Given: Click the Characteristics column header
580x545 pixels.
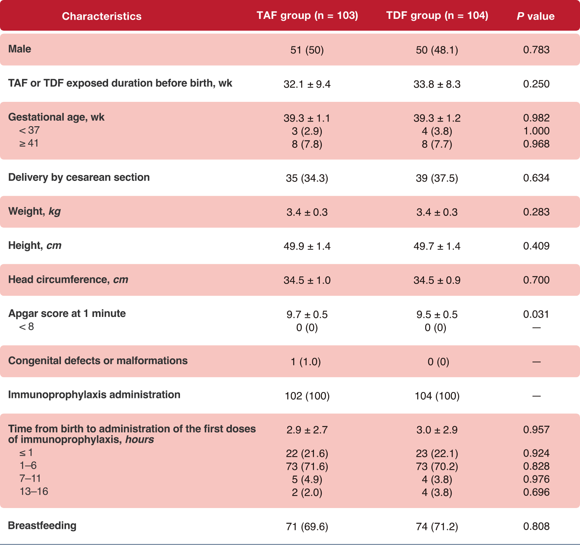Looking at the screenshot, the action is (x=102, y=17).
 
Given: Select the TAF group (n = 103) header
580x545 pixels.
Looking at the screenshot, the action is (x=307, y=15).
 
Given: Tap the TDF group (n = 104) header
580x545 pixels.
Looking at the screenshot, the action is (x=437, y=15).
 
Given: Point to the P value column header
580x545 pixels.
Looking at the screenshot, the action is (x=536, y=17).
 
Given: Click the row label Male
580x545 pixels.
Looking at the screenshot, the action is (x=20, y=49).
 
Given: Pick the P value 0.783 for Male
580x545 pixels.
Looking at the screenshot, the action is (x=536, y=50).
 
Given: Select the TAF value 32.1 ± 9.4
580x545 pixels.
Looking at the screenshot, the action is (x=307, y=84).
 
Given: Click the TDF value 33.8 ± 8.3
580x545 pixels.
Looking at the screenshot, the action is (x=437, y=84).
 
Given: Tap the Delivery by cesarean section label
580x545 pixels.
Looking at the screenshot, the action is (x=79, y=177).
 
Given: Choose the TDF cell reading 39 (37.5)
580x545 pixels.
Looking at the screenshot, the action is (x=437, y=178).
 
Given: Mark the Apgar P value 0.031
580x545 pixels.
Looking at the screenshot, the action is (x=536, y=314).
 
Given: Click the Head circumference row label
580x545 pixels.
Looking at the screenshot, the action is (x=68, y=280).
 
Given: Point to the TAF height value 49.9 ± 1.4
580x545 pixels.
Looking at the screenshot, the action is (x=307, y=246).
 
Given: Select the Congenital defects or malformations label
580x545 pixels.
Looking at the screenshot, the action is (x=98, y=361).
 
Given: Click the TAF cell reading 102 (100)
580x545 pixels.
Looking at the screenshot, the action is (x=307, y=396).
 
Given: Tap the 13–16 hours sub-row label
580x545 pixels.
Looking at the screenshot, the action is (x=33, y=492).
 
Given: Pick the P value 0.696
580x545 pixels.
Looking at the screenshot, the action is (x=536, y=492).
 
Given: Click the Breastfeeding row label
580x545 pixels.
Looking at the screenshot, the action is (x=42, y=526).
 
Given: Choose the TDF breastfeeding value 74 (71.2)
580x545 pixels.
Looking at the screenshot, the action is (x=437, y=527).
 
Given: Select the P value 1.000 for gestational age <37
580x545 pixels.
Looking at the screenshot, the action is (x=536, y=131).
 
